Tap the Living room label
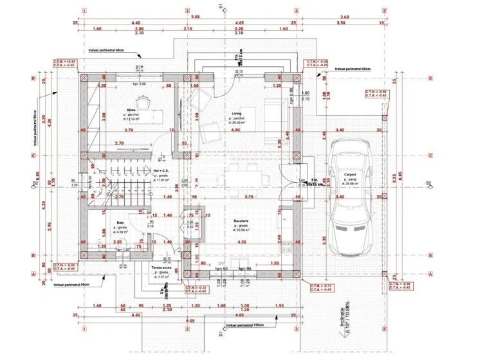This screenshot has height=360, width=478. [x=237, y=114]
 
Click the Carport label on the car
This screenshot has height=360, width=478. [x=350, y=174]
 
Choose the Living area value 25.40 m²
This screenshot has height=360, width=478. [x=239, y=124]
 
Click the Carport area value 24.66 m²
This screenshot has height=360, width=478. [x=351, y=184]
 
